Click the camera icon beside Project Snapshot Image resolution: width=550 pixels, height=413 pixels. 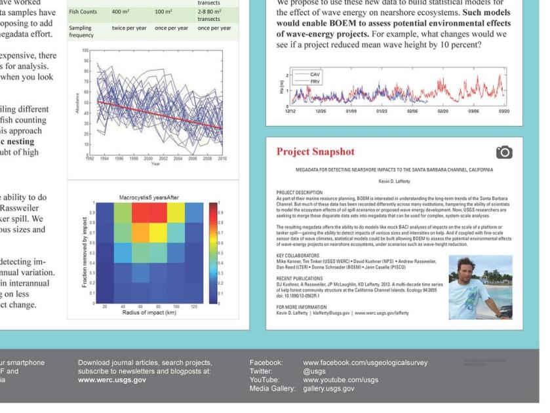pyautogui.click(x=503, y=153)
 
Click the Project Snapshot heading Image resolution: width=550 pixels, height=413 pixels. pyautogui.click(x=315, y=152)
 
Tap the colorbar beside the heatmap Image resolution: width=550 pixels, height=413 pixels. pyautogui.click(x=212, y=253)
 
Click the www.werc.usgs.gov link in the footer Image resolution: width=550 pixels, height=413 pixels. pyautogui.click(x=111, y=380)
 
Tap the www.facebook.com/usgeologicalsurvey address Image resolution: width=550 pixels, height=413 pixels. pyautogui.click(x=364, y=362)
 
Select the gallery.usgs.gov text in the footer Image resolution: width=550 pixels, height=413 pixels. pyautogui.click(x=328, y=388)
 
